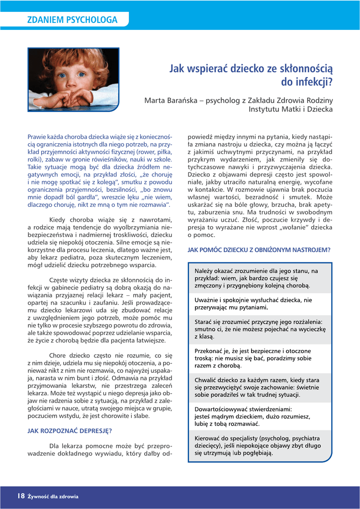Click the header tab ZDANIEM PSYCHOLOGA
point(73,20)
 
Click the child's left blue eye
point(81,74)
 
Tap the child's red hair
point(75,56)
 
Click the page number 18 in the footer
point(20,496)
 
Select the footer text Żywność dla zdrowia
point(53,496)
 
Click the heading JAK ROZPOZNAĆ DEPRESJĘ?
point(69,431)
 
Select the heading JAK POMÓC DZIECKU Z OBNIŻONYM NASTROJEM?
point(259,250)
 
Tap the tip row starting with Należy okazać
point(260,278)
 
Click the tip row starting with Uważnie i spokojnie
point(260,304)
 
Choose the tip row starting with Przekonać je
point(260,358)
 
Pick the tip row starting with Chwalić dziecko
point(260,387)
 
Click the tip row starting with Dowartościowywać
point(260,417)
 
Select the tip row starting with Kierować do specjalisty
point(260,445)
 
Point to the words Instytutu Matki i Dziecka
point(290,109)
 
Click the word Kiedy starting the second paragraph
point(58,220)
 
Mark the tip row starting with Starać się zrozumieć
point(260,329)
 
